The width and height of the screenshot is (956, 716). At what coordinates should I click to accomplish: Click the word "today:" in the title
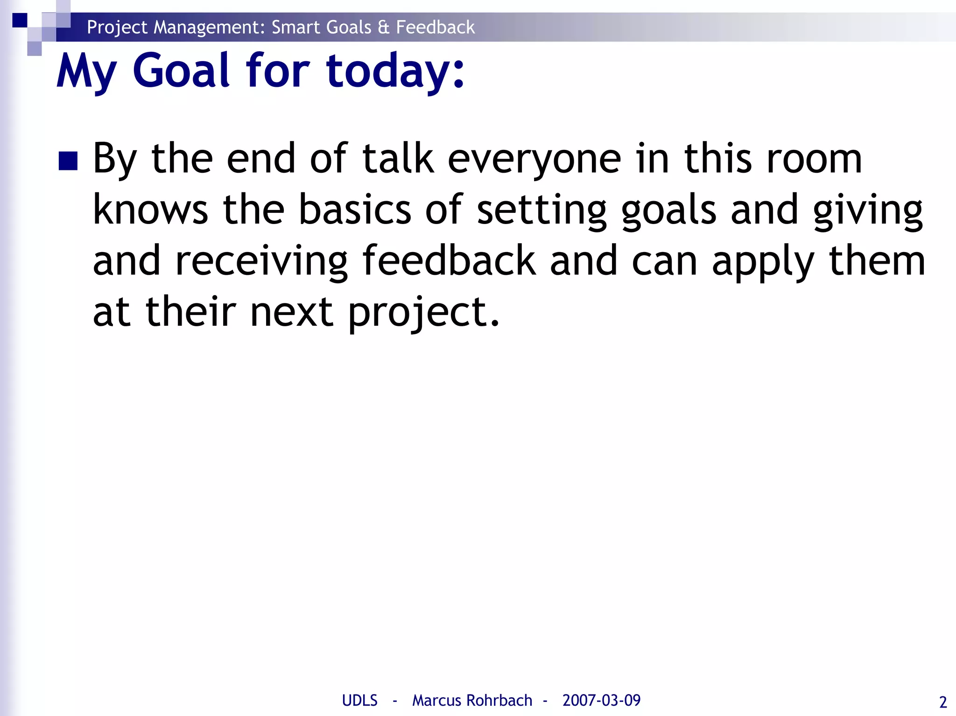tap(395, 71)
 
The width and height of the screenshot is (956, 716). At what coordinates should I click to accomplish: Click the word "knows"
tap(150, 210)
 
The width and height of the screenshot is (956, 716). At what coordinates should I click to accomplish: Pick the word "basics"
tap(355, 210)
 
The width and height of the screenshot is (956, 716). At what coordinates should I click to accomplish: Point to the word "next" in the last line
tap(292, 313)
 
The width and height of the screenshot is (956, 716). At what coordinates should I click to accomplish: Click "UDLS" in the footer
tap(359, 701)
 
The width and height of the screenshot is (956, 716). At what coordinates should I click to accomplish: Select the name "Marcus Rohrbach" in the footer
tap(472, 701)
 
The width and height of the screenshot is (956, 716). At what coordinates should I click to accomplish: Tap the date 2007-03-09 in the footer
tap(601, 701)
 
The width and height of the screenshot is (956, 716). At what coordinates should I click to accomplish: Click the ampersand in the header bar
tap(384, 28)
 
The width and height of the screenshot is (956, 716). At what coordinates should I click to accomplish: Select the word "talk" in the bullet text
tap(398, 159)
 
